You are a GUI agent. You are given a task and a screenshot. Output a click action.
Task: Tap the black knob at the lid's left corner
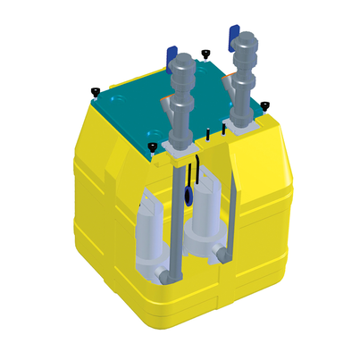click(95, 89)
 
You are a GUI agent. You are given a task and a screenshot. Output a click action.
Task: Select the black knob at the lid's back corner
click(205, 54)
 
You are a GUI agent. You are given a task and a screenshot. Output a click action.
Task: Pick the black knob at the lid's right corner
click(264, 106)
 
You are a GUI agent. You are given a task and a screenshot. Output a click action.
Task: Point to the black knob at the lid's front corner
click(152, 146)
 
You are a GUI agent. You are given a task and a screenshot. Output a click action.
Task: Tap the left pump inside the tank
click(145, 237)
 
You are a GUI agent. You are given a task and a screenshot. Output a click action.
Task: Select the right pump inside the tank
click(204, 219)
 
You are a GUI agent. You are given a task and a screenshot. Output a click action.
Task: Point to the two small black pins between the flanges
click(215, 132)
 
